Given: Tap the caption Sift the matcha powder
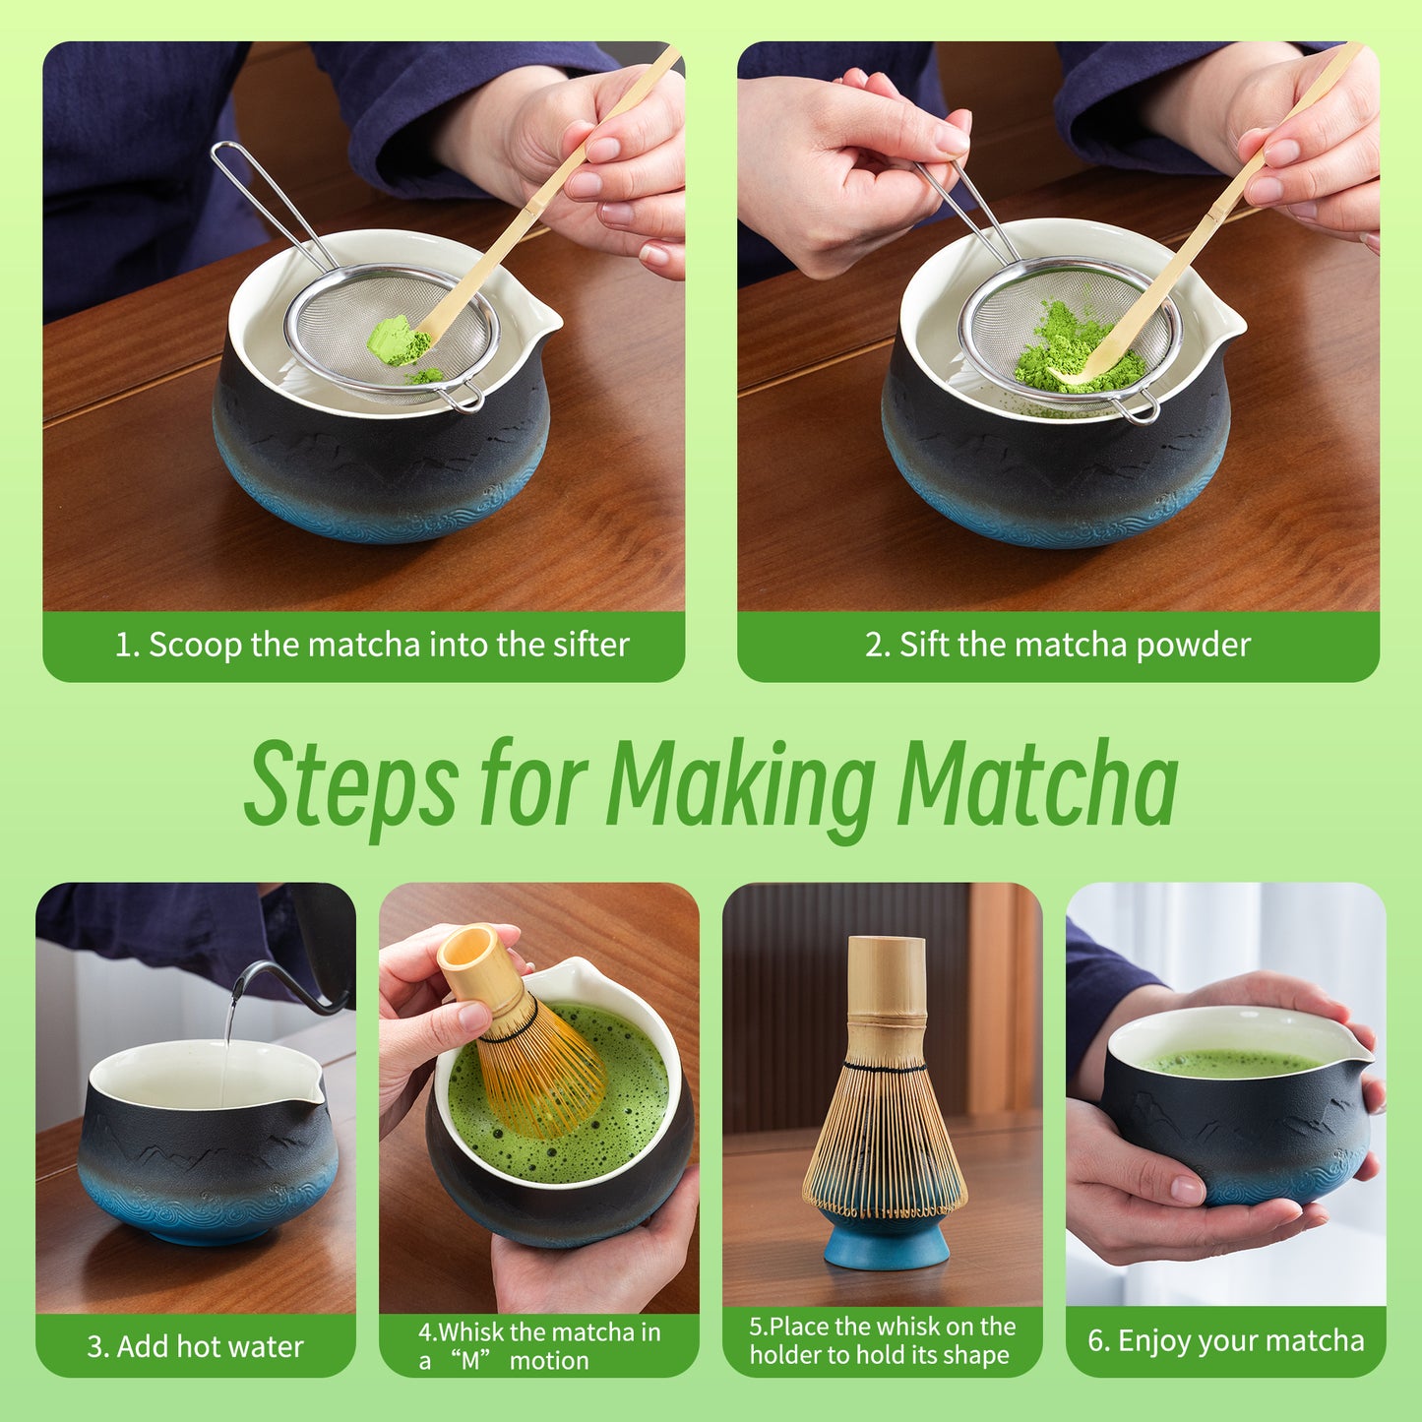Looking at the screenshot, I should (1058, 645).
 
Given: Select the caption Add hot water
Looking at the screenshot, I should (195, 1346).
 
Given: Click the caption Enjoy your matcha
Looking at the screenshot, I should (1226, 1340).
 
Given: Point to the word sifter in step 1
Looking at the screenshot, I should (590, 645).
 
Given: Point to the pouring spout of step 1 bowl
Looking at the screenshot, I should (544, 318).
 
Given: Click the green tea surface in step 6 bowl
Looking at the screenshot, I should (1230, 1063).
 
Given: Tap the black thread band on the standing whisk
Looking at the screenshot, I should (885, 1066).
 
